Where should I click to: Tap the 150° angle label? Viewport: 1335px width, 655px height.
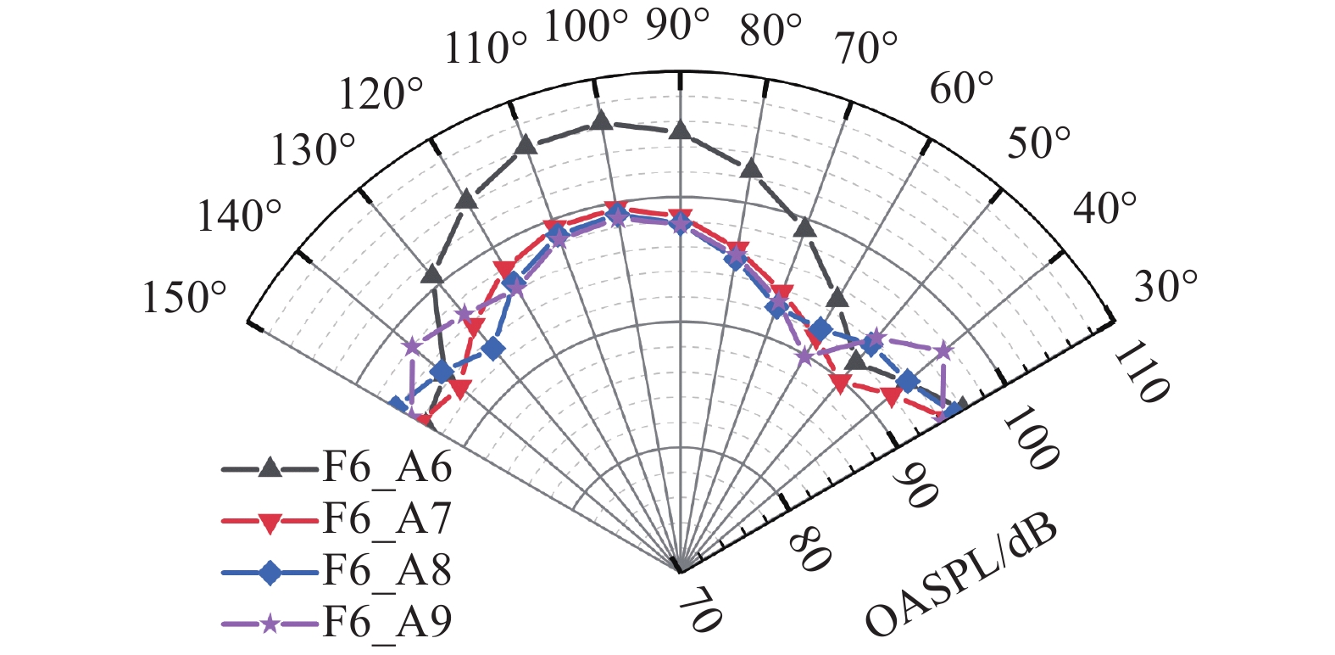185,299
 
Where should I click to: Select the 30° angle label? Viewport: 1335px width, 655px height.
1166,287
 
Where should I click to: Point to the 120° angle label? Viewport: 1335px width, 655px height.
381,94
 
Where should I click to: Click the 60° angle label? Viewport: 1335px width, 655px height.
961,88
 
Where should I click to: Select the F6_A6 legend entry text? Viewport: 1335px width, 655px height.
387,467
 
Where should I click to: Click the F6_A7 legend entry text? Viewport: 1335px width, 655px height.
387,519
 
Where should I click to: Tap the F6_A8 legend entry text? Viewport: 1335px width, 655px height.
387,571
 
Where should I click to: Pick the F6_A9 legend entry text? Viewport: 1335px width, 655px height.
387,622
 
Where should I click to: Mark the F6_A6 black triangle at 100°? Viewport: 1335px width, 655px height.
601,120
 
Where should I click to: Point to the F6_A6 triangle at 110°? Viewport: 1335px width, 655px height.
525,145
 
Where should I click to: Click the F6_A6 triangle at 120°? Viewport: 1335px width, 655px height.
465,199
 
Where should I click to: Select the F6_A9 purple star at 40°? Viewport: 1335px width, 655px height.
944,350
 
